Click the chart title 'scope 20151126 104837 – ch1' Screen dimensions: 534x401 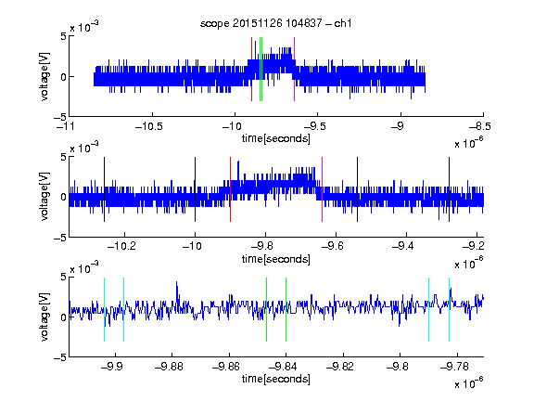[276, 23]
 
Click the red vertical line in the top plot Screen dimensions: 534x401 [251, 70]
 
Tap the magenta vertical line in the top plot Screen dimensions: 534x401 [294, 70]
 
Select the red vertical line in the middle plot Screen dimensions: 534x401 [230, 189]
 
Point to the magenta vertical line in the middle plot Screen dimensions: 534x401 [323, 189]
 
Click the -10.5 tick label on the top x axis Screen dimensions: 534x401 [149, 127]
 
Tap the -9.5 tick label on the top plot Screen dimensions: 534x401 [314, 127]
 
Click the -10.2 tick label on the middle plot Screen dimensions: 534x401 [121, 246]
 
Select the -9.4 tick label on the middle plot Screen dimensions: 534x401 [403, 246]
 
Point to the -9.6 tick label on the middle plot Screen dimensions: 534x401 [333, 246]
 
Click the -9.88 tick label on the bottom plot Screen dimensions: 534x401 [169, 367]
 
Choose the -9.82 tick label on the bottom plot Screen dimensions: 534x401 [339, 367]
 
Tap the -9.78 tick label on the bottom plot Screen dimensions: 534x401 [454, 367]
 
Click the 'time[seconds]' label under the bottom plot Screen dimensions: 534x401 [276, 379]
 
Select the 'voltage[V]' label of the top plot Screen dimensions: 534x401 [44, 76]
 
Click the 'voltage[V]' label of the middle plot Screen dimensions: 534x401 [44, 197]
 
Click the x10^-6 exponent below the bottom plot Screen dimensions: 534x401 [468, 383]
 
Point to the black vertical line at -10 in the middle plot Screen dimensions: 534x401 [195, 189]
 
